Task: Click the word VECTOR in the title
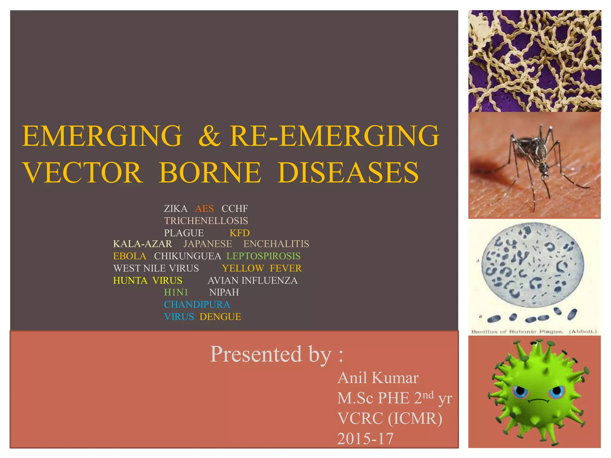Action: coord(83,173)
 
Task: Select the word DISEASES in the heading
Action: coord(348,173)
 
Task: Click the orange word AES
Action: coord(204,208)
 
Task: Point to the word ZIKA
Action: coord(176,208)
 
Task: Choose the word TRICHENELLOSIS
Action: coord(206,221)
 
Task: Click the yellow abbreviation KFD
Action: coord(240,233)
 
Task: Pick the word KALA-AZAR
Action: coord(143,244)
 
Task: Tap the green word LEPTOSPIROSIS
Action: coord(263,256)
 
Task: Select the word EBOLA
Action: coord(130,256)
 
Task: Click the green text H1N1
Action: coord(176,292)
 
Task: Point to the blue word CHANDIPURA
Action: coord(197,304)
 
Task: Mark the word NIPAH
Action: coord(224,292)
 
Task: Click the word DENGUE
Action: coord(220,317)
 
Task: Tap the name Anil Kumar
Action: coord(378,378)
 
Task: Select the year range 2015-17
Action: coord(365,439)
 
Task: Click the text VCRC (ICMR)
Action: coord(390,418)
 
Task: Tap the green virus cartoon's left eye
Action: coord(521,392)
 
